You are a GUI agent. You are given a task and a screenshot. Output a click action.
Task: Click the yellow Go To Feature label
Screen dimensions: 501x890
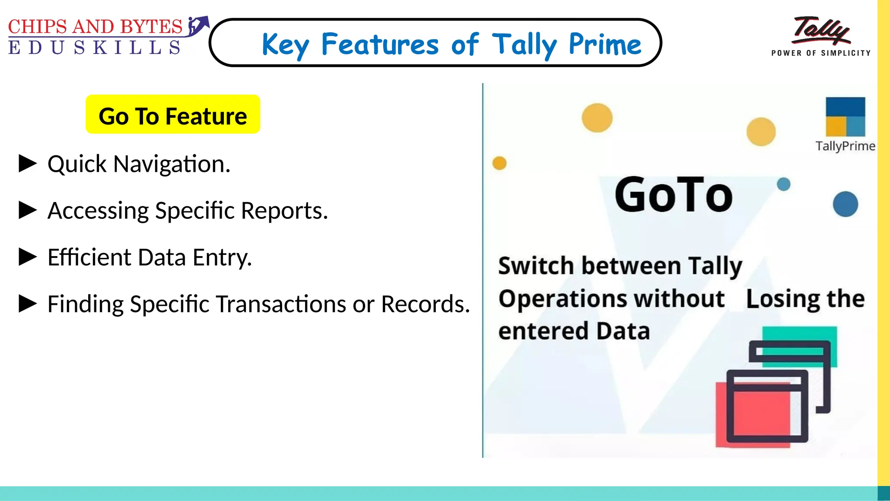coord(173,115)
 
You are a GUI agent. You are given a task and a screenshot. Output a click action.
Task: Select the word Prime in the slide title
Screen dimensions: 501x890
coord(604,44)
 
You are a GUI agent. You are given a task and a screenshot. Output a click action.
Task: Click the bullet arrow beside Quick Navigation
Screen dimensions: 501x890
coord(28,164)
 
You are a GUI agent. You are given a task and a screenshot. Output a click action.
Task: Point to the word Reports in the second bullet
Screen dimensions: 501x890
coord(284,211)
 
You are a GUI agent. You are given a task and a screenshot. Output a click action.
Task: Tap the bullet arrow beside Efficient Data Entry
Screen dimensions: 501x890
coord(28,257)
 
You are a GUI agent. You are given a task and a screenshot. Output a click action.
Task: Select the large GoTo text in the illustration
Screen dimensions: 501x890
coord(674,195)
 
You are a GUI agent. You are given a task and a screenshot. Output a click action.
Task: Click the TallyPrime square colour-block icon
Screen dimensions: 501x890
coord(845,117)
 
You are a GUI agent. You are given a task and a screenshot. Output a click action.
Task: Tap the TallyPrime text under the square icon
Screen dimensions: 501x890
coord(845,146)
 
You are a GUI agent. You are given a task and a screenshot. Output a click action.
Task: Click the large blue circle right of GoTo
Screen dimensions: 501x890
coord(845,204)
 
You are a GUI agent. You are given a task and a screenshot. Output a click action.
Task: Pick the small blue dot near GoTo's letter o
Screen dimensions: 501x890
coord(784,184)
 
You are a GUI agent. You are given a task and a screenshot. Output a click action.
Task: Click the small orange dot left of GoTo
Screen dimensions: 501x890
coord(499,163)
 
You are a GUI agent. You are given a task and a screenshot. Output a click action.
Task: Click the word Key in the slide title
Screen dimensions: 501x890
coord(285,45)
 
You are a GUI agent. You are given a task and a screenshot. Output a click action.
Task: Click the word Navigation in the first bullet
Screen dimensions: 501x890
coord(172,164)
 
